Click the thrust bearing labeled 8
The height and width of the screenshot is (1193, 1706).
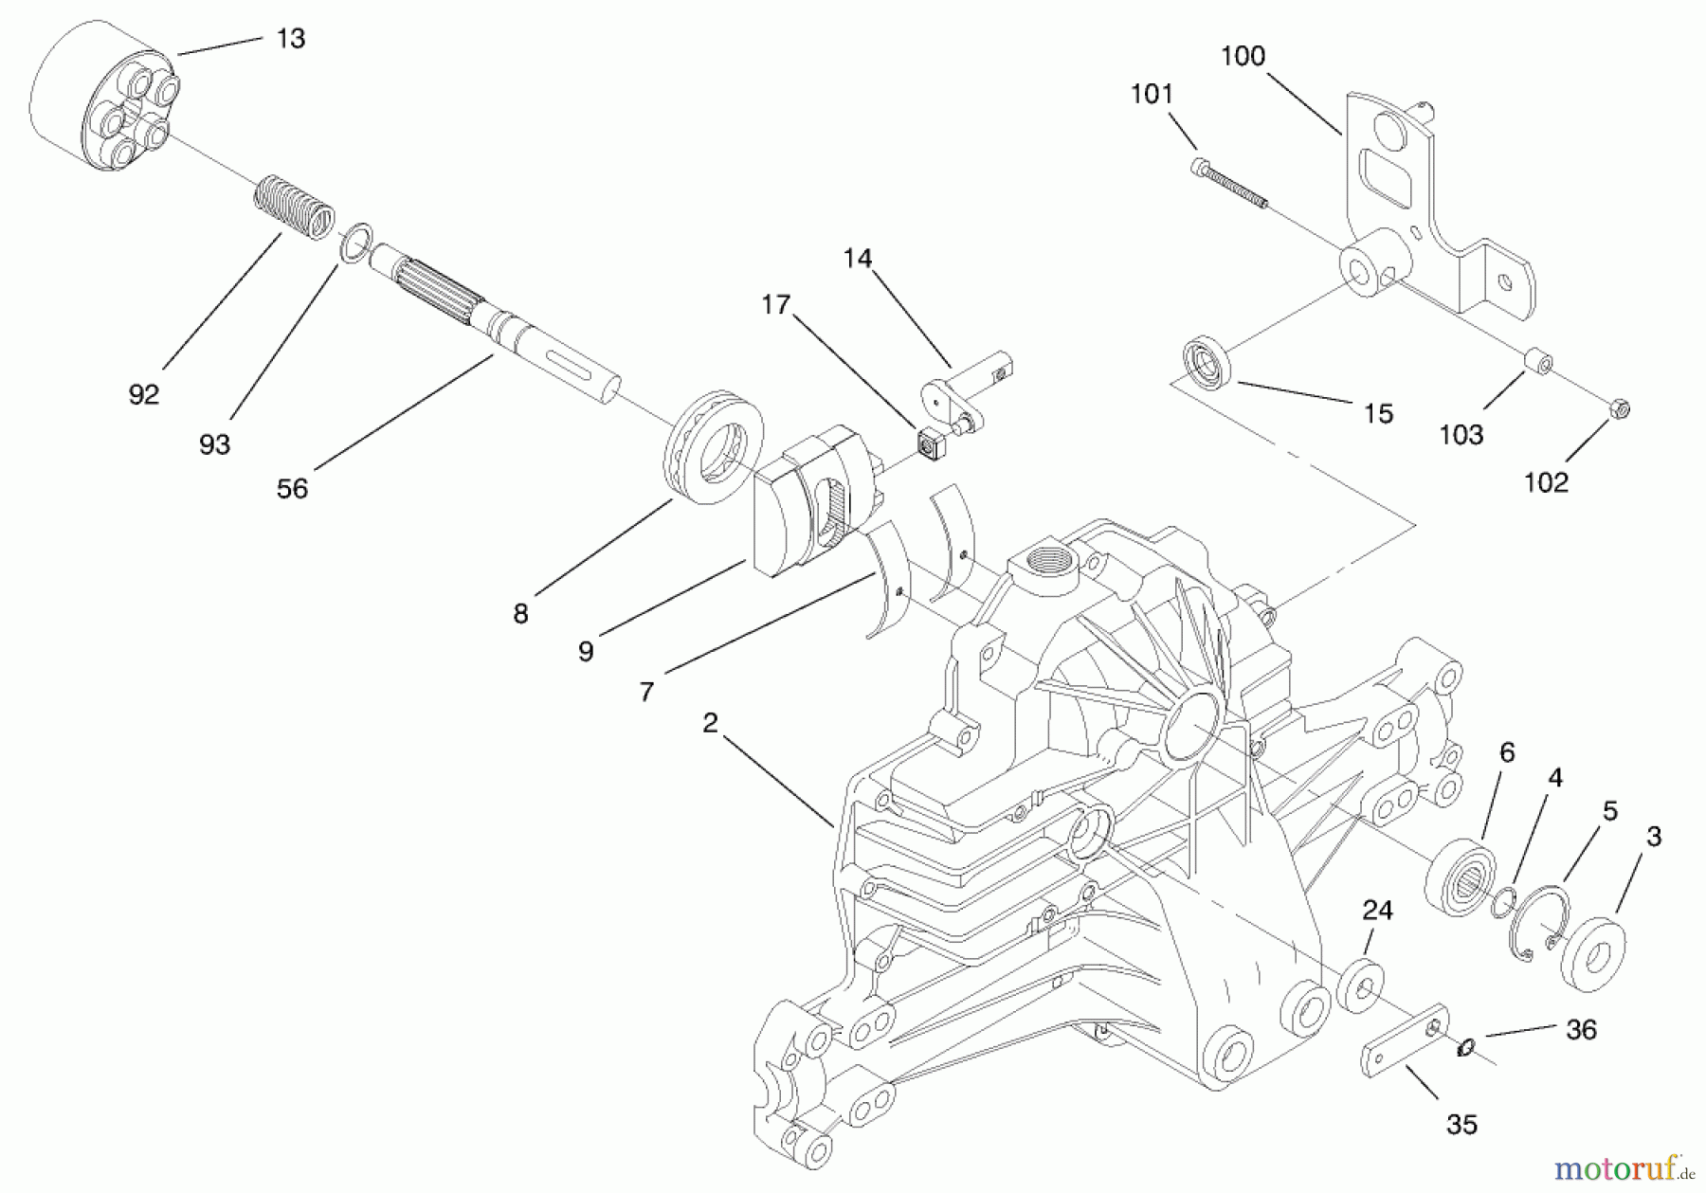[714, 445]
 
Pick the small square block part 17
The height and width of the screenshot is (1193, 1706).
[928, 443]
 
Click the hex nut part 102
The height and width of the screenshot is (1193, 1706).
[1619, 409]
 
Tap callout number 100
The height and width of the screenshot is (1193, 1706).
[1243, 57]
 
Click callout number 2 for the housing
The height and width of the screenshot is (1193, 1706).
[710, 723]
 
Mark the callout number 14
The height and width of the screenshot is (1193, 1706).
[857, 259]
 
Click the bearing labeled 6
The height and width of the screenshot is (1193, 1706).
[1461, 877]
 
